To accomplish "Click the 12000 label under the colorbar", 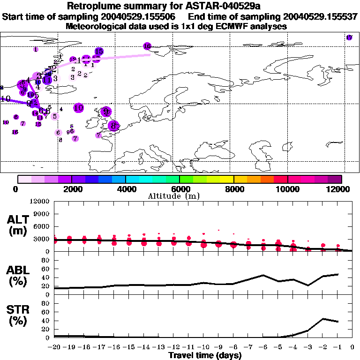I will [x=339, y=189].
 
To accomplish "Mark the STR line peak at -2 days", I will [x=323, y=319].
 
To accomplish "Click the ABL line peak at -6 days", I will [x=263, y=275].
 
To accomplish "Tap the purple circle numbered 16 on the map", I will [x=147, y=46].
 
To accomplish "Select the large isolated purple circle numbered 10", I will [x=78, y=108].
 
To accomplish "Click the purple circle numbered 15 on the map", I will [x=99, y=51].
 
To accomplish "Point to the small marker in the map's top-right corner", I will [x=349, y=37].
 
